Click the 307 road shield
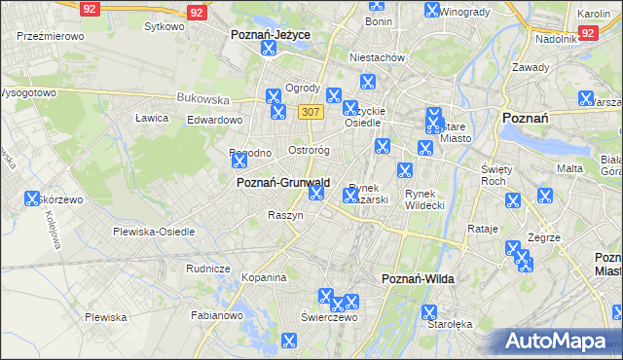[x=311, y=112]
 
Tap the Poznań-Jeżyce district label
[x=270, y=34]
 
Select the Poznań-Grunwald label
[x=283, y=182]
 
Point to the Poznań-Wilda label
[x=418, y=278]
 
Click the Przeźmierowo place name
[x=51, y=35]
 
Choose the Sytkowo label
[x=164, y=26]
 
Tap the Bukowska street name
[x=202, y=98]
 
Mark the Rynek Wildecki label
[x=424, y=198]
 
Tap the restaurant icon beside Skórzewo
[x=32, y=199]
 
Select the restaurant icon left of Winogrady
[x=431, y=10]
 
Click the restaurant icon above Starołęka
[x=428, y=312]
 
